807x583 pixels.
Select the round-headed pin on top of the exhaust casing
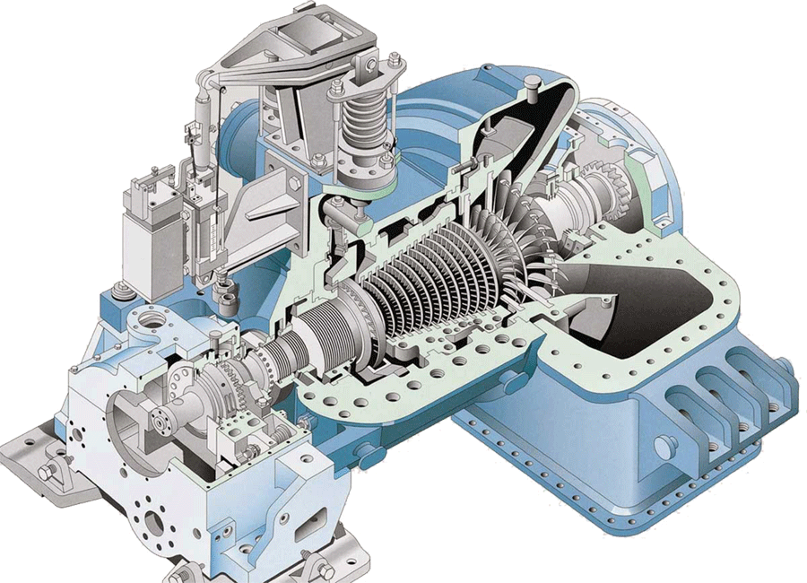[x=533, y=85]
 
